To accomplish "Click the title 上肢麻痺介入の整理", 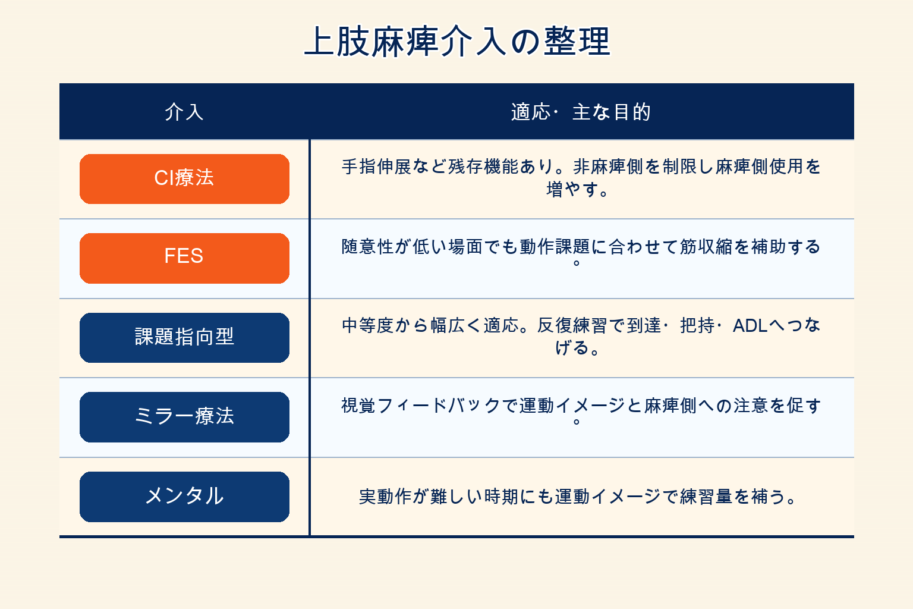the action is click(x=456, y=41).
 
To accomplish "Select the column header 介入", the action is click(x=184, y=112).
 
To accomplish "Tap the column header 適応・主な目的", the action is click(x=581, y=112).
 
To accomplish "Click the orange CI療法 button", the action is click(x=184, y=178).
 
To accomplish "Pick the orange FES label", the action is click(x=184, y=258).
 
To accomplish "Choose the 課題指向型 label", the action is click(x=184, y=338).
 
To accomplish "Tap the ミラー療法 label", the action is click(x=184, y=417).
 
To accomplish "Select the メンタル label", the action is click(x=184, y=497).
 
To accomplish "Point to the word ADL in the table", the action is click(x=750, y=326).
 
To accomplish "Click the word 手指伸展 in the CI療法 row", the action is click(x=376, y=167).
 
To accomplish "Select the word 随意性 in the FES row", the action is click(x=368, y=247).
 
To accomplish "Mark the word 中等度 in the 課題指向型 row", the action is click(x=368, y=326).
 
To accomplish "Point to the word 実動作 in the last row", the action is click(x=385, y=497).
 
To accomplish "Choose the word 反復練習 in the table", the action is click(x=572, y=326).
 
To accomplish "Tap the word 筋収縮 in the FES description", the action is click(x=706, y=247).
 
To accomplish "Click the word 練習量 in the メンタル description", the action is click(x=706, y=497).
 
